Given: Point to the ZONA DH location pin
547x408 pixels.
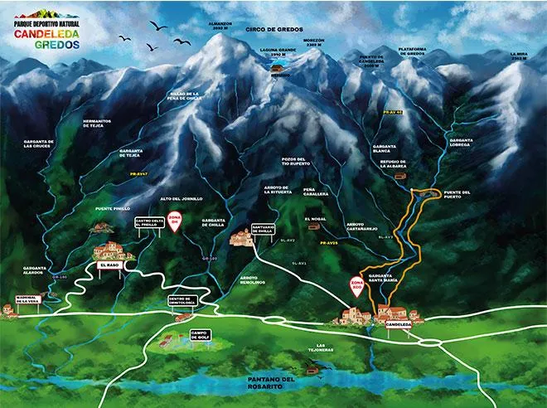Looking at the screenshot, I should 174,222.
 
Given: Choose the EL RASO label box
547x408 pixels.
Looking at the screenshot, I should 109,265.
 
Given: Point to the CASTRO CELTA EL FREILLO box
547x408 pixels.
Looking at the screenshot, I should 146,223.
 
